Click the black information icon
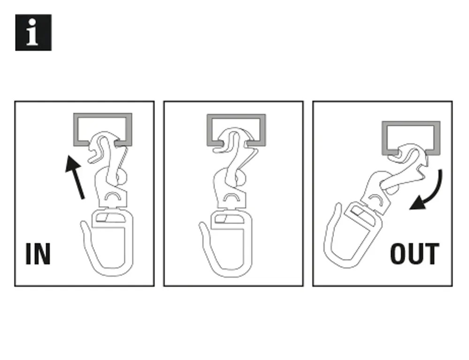33,32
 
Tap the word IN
38,254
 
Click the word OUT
415,254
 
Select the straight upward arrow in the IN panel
75,177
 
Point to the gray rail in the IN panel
103,115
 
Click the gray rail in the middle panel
236,116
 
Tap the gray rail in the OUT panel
411,123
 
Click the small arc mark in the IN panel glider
113,195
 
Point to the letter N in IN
43,254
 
